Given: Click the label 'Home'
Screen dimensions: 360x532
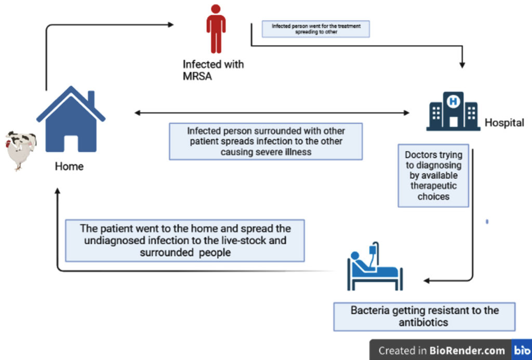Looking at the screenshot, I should point(69,167).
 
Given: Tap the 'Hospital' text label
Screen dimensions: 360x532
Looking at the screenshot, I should point(504,123).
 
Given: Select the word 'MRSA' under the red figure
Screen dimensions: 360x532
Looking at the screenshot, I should point(198,76).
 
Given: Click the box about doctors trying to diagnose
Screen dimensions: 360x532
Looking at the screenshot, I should point(433,176).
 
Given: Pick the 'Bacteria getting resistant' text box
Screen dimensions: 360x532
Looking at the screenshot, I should point(424,316).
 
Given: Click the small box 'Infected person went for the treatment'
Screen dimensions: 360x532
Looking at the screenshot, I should point(310,29).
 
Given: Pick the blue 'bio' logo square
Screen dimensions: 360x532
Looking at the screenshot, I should point(521,350).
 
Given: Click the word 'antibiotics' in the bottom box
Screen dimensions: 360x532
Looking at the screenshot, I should point(423,323).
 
